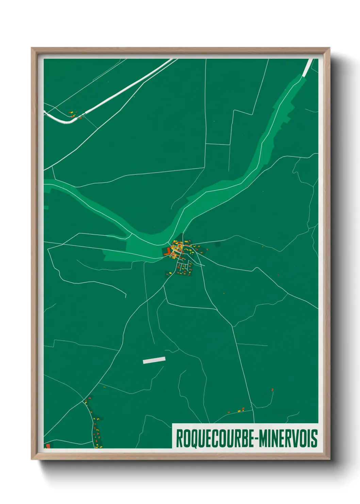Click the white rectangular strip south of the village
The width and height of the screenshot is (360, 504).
[x=154, y=360]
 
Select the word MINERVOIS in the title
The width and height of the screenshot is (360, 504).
[x=288, y=439]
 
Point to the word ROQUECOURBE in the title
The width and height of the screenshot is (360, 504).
[x=214, y=439]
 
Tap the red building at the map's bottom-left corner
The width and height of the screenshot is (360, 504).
[x=48, y=445]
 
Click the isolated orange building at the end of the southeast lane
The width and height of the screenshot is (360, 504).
[x=273, y=390]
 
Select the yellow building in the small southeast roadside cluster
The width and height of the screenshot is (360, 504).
[x=239, y=411]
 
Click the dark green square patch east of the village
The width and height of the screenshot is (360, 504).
[x=218, y=244]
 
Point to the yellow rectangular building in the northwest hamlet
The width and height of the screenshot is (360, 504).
[x=71, y=112]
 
